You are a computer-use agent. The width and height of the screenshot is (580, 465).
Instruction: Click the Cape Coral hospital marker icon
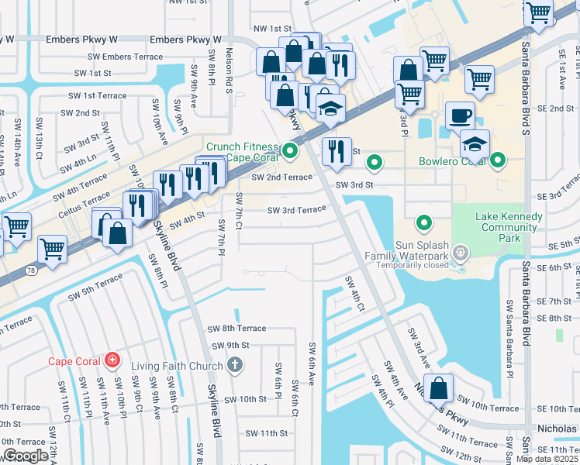click(112, 360)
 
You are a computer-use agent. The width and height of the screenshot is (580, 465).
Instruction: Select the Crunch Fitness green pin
click(291, 151)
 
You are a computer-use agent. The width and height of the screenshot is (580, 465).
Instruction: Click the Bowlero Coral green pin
click(497, 162)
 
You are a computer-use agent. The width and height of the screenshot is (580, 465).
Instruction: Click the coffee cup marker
click(460, 116)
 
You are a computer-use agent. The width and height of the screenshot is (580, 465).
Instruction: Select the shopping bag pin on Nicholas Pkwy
click(439, 387)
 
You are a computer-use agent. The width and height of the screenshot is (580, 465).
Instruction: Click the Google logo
click(26, 456)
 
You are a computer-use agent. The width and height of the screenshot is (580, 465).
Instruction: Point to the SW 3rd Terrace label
click(297, 210)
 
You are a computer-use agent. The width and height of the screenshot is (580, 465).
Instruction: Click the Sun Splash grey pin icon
click(461, 253)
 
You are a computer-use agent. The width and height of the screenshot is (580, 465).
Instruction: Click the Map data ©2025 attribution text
click(547, 459)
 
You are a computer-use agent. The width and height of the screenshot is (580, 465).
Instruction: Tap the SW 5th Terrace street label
click(95, 287)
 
